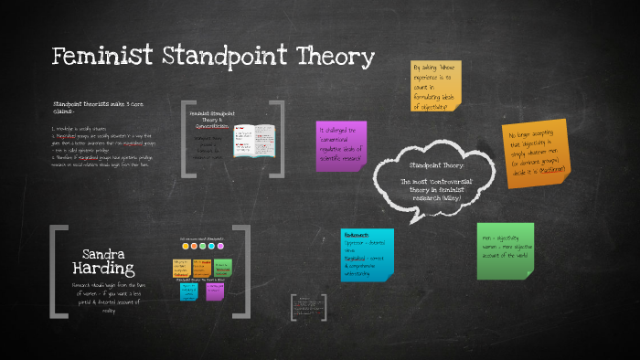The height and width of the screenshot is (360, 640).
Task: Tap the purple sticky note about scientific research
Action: pyautogui.click(x=341, y=144)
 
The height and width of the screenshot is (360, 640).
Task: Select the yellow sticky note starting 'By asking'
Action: pyautogui.click(x=436, y=87)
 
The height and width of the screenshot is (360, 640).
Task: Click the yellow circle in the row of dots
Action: pyautogui.click(x=186, y=246)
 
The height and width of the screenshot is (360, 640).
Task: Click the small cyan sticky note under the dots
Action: pyautogui.click(x=188, y=290)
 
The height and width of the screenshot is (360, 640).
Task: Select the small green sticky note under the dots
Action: pyautogui.click(x=222, y=268)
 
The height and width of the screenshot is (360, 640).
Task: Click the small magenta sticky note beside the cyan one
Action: pyautogui.click(x=216, y=290)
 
